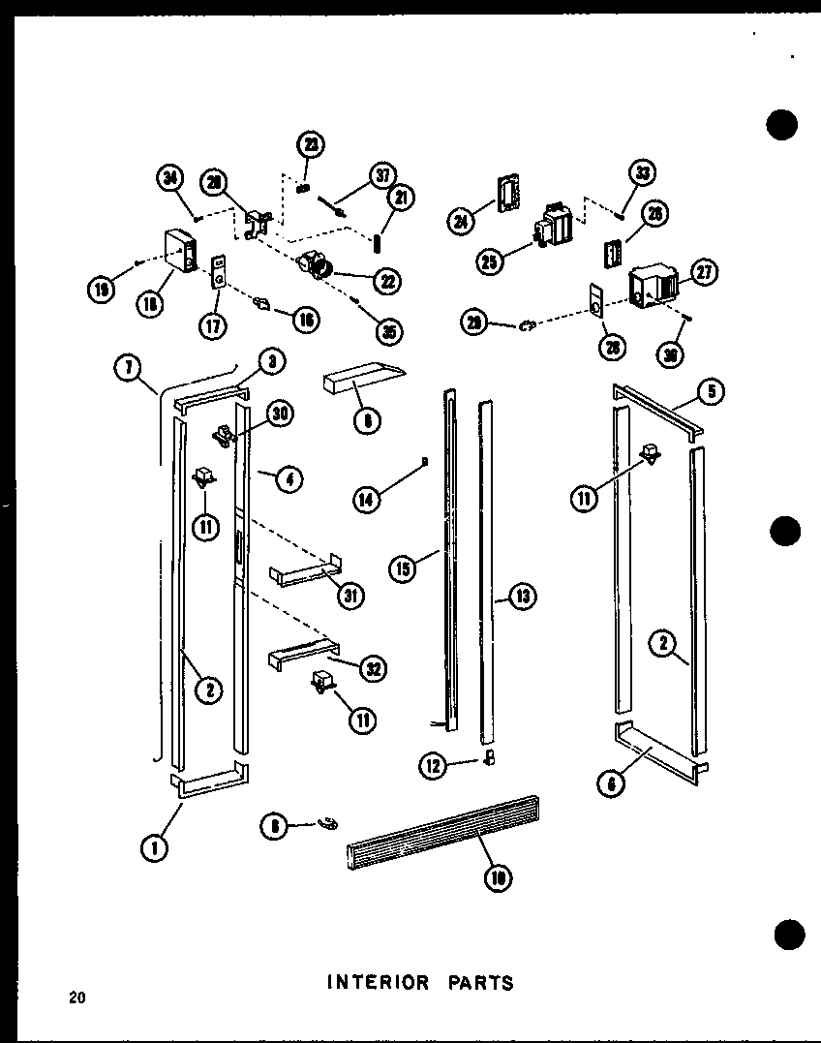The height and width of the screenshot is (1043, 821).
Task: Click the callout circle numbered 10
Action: coord(497,877)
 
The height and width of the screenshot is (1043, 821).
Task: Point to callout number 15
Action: coord(403,568)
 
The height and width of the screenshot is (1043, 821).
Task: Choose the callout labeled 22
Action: coord(387,281)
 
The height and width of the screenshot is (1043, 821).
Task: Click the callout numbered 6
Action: coord(609,784)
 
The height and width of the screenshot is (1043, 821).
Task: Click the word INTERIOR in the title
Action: coord(379,982)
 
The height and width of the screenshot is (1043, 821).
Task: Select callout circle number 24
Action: coord(461,222)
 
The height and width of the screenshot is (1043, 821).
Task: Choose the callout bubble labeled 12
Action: coord(433,767)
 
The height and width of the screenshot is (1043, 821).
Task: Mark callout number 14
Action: coord(367,500)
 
